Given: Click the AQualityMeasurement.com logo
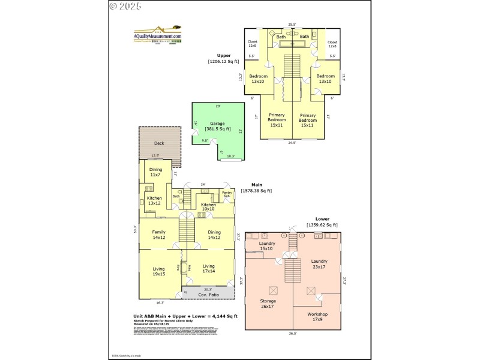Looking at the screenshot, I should pos(157,34).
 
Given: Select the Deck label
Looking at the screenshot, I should pos(159,143).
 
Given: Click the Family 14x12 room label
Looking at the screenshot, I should pos(159,235).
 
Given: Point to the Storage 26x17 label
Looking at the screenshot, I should pos(268,304).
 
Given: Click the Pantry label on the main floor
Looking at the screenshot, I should pos(227,194).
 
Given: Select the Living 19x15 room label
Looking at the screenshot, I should pos(159,272).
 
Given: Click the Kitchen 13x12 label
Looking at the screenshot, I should pos(154,200).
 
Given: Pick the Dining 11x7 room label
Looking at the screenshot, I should pos(155,172).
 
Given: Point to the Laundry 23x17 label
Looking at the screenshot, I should pos(319,264).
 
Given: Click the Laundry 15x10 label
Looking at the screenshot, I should pos(267,245).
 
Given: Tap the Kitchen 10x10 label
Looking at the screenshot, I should pos(208,207).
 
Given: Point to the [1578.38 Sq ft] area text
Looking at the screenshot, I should pos(256,191).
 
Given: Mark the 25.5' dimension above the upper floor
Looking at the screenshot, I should pos(292,25).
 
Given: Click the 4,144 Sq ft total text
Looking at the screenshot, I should pos(226,316).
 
